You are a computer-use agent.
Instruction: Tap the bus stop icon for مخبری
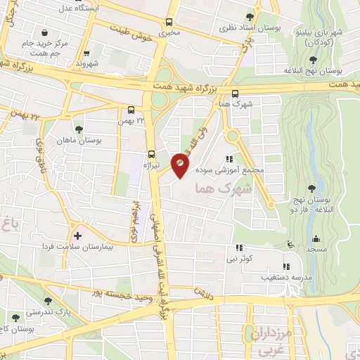coord(168,22)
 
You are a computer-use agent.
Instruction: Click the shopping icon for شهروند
coord(86,53)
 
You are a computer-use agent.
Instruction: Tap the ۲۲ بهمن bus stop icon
coord(131,110)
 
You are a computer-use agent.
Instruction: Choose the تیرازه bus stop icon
coord(150,155)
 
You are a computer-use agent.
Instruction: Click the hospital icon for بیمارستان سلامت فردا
coord(77,235)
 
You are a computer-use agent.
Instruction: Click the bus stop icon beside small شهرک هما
coord(234,94)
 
